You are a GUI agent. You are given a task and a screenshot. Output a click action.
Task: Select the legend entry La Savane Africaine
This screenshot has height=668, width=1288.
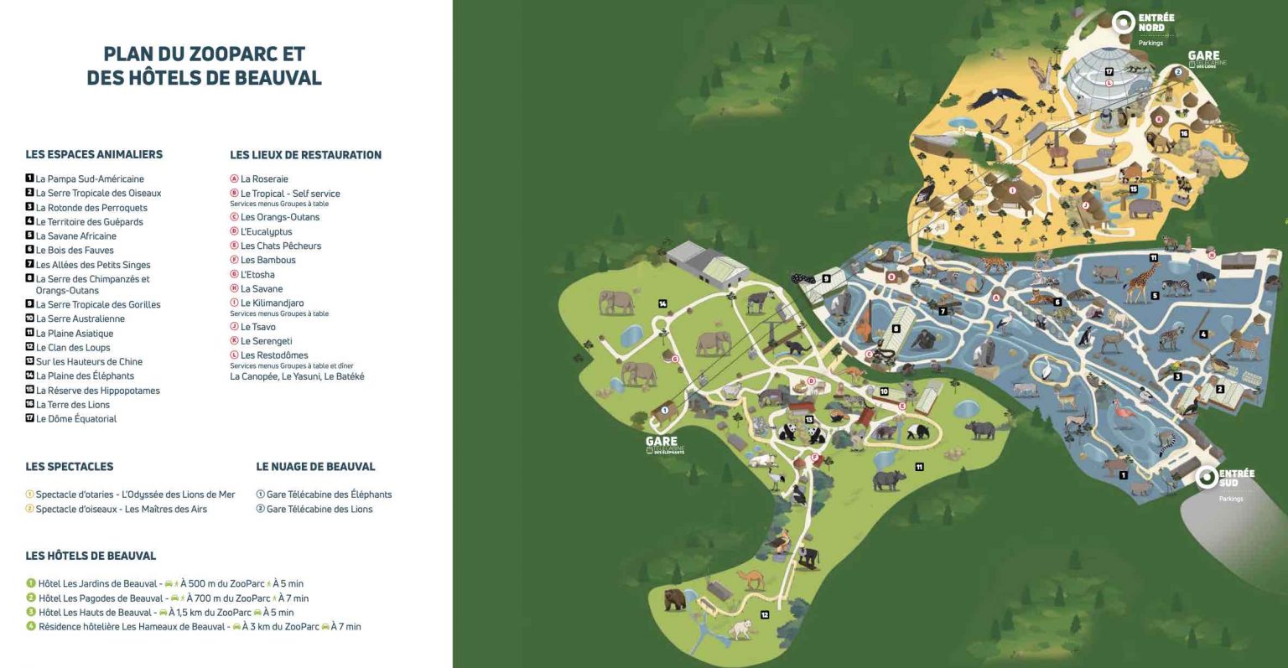pos(75,236)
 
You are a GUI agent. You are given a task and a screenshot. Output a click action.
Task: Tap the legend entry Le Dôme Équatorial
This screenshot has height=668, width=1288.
pos(75,419)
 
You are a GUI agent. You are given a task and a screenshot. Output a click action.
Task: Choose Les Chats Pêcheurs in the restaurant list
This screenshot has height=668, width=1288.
pos(280,246)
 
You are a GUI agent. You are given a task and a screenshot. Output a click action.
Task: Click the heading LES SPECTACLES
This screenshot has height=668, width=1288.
pos(69,467)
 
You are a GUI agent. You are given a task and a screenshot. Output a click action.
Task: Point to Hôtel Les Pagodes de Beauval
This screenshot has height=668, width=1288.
pos(101,598)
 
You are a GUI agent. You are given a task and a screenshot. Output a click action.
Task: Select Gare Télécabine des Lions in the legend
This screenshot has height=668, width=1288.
pos(319,510)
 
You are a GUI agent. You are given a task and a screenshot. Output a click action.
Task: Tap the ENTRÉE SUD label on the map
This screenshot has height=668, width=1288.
pos(1236,478)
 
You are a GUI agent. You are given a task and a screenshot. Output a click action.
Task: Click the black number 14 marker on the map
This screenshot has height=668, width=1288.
pos(662,303)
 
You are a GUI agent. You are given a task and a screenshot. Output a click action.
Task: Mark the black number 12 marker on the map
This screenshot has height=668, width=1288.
pos(765,615)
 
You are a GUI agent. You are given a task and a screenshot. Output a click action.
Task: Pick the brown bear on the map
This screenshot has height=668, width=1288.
pos(675,599)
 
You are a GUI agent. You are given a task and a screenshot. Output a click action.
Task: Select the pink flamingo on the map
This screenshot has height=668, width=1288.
pos(1122,412)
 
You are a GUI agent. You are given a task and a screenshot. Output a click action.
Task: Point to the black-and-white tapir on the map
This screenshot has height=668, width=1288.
pos(918,432)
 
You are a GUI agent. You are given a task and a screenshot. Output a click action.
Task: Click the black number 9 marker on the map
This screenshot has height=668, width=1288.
pos(826,279)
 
